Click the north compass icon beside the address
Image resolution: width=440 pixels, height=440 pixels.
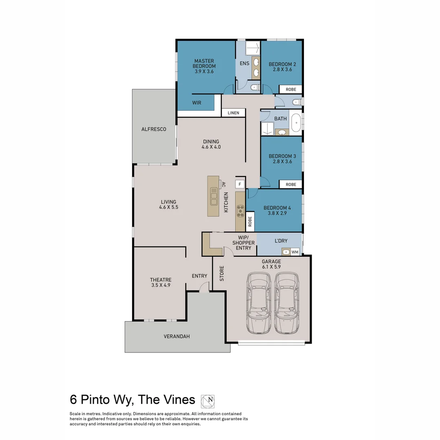point(208,401)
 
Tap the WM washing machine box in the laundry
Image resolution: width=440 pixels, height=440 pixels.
point(295,252)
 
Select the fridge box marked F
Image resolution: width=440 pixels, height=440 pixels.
point(240,184)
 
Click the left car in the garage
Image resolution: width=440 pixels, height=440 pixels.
point(259,303)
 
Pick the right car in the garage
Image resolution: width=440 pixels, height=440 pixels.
point(286,303)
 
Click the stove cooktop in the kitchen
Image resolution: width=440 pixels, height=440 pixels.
point(240,211)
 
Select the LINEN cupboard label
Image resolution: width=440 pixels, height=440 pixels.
point(233,113)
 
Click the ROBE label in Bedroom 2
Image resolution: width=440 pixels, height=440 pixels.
point(290,89)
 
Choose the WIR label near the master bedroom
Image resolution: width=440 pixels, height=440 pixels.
point(197,103)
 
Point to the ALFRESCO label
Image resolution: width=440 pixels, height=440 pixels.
point(154,129)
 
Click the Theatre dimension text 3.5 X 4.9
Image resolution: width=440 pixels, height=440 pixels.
point(160,286)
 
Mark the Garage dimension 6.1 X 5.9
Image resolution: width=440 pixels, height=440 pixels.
point(271,267)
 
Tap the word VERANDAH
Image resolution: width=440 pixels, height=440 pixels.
point(176,337)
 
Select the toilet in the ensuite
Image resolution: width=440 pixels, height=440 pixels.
point(254,87)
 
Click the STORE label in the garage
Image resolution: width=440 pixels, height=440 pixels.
point(222,274)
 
